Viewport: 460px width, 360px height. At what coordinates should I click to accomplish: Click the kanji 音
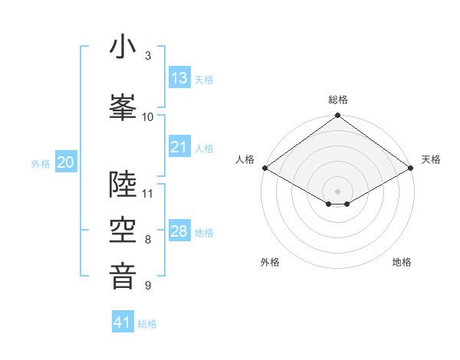click(x=123, y=275)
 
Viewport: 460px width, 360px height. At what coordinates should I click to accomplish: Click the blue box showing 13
click(x=179, y=78)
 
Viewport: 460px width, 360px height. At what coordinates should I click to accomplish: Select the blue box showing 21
click(x=179, y=147)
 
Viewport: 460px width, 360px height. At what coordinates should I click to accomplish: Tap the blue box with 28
click(x=179, y=231)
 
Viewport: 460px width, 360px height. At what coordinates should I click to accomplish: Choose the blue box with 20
click(x=66, y=162)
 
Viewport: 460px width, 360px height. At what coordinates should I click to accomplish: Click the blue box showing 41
click(x=123, y=322)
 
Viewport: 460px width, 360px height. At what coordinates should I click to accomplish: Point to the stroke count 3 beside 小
click(x=148, y=56)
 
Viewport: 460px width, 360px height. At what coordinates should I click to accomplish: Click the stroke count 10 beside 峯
click(x=148, y=116)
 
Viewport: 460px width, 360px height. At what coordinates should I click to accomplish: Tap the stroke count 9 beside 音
click(x=148, y=286)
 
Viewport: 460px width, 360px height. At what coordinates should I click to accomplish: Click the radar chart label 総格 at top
click(x=338, y=100)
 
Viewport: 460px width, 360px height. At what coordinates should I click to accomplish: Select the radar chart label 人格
click(x=245, y=159)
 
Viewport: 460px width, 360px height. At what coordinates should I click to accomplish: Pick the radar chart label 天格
click(x=432, y=159)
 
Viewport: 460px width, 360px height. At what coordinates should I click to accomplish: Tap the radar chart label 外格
click(x=270, y=262)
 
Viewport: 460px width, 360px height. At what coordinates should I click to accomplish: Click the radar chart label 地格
click(x=402, y=262)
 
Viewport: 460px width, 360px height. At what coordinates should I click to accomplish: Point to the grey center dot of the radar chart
click(x=338, y=191)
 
